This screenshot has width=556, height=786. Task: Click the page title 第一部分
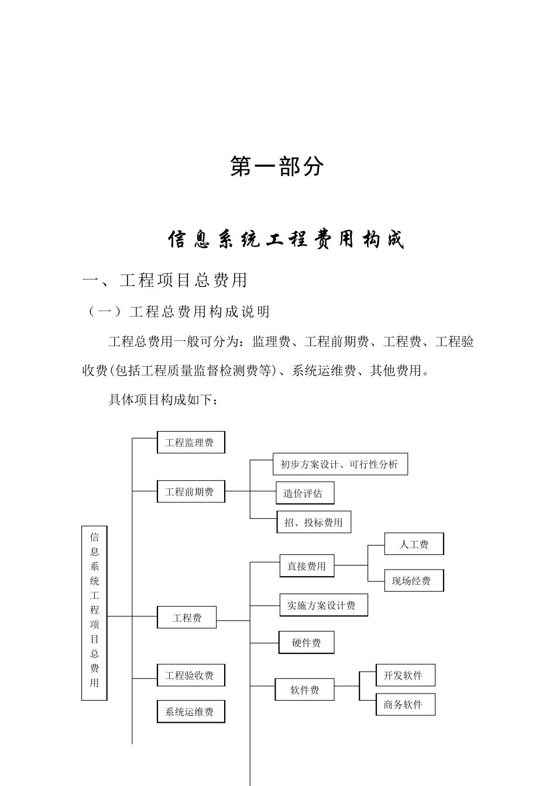pyautogui.click(x=277, y=167)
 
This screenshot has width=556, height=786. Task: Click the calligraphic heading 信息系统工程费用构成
pyautogui.click(x=286, y=240)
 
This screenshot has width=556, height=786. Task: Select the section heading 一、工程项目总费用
pyautogui.click(x=166, y=280)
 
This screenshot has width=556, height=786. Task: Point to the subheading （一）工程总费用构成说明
pyautogui.click(x=179, y=312)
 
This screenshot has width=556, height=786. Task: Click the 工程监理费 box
pyautogui.click(x=191, y=443)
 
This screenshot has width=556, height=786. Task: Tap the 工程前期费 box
pyautogui.click(x=191, y=492)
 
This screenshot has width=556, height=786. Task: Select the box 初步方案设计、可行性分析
pyautogui.click(x=340, y=464)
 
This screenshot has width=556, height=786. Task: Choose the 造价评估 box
pyautogui.click(x=304, y=493)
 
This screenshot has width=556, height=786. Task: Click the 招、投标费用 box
pyautogui.click(x=314, y=522)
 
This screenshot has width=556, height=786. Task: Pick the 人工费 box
pyautogui.click(x=414, y=544)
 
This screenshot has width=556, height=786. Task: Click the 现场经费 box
pyautogui.click(x=414, y=581)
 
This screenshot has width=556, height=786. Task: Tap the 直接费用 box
pyautogui.click(x=307, y=566)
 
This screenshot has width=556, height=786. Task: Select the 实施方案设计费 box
pyautogui.click(x=324, y=605)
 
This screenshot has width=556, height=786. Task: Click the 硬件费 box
pyautogui.click(x=307, y=643)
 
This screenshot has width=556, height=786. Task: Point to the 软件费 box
pyautogui.click(x=305, y=690)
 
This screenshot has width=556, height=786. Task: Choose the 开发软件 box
pyautogui.click(x=405, y=675)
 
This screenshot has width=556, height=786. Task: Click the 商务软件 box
pyautogui.click(x=405, y=705)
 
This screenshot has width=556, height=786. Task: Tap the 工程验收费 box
pyautogui.click(x=191, y=675)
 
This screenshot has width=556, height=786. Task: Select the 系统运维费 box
pyautogui.click(x=191, y=712)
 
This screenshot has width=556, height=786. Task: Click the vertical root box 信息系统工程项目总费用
pyautogui.click(x=94, y=613)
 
